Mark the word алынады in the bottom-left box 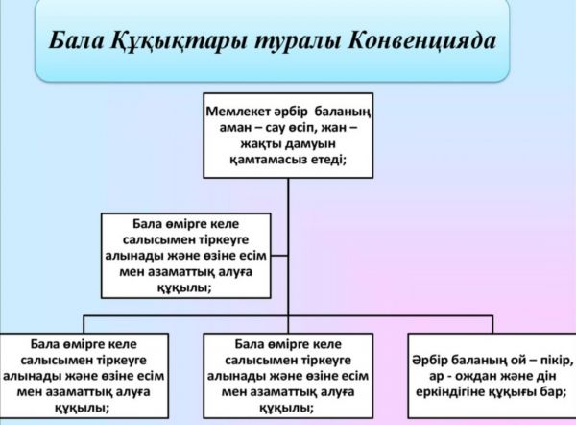tap(40, 375)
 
